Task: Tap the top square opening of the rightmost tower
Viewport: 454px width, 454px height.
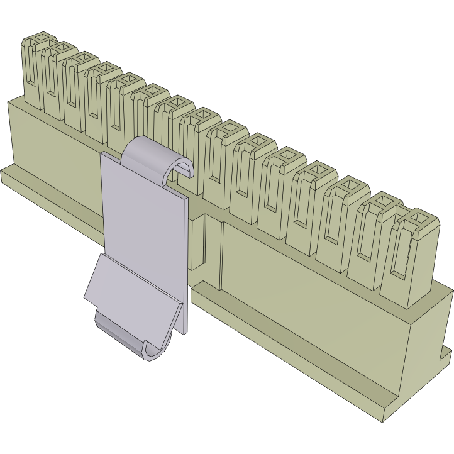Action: coord(419,221)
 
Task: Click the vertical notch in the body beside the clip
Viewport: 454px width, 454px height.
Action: coord(214,252)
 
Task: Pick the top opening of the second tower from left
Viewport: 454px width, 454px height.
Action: coord(60,49)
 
